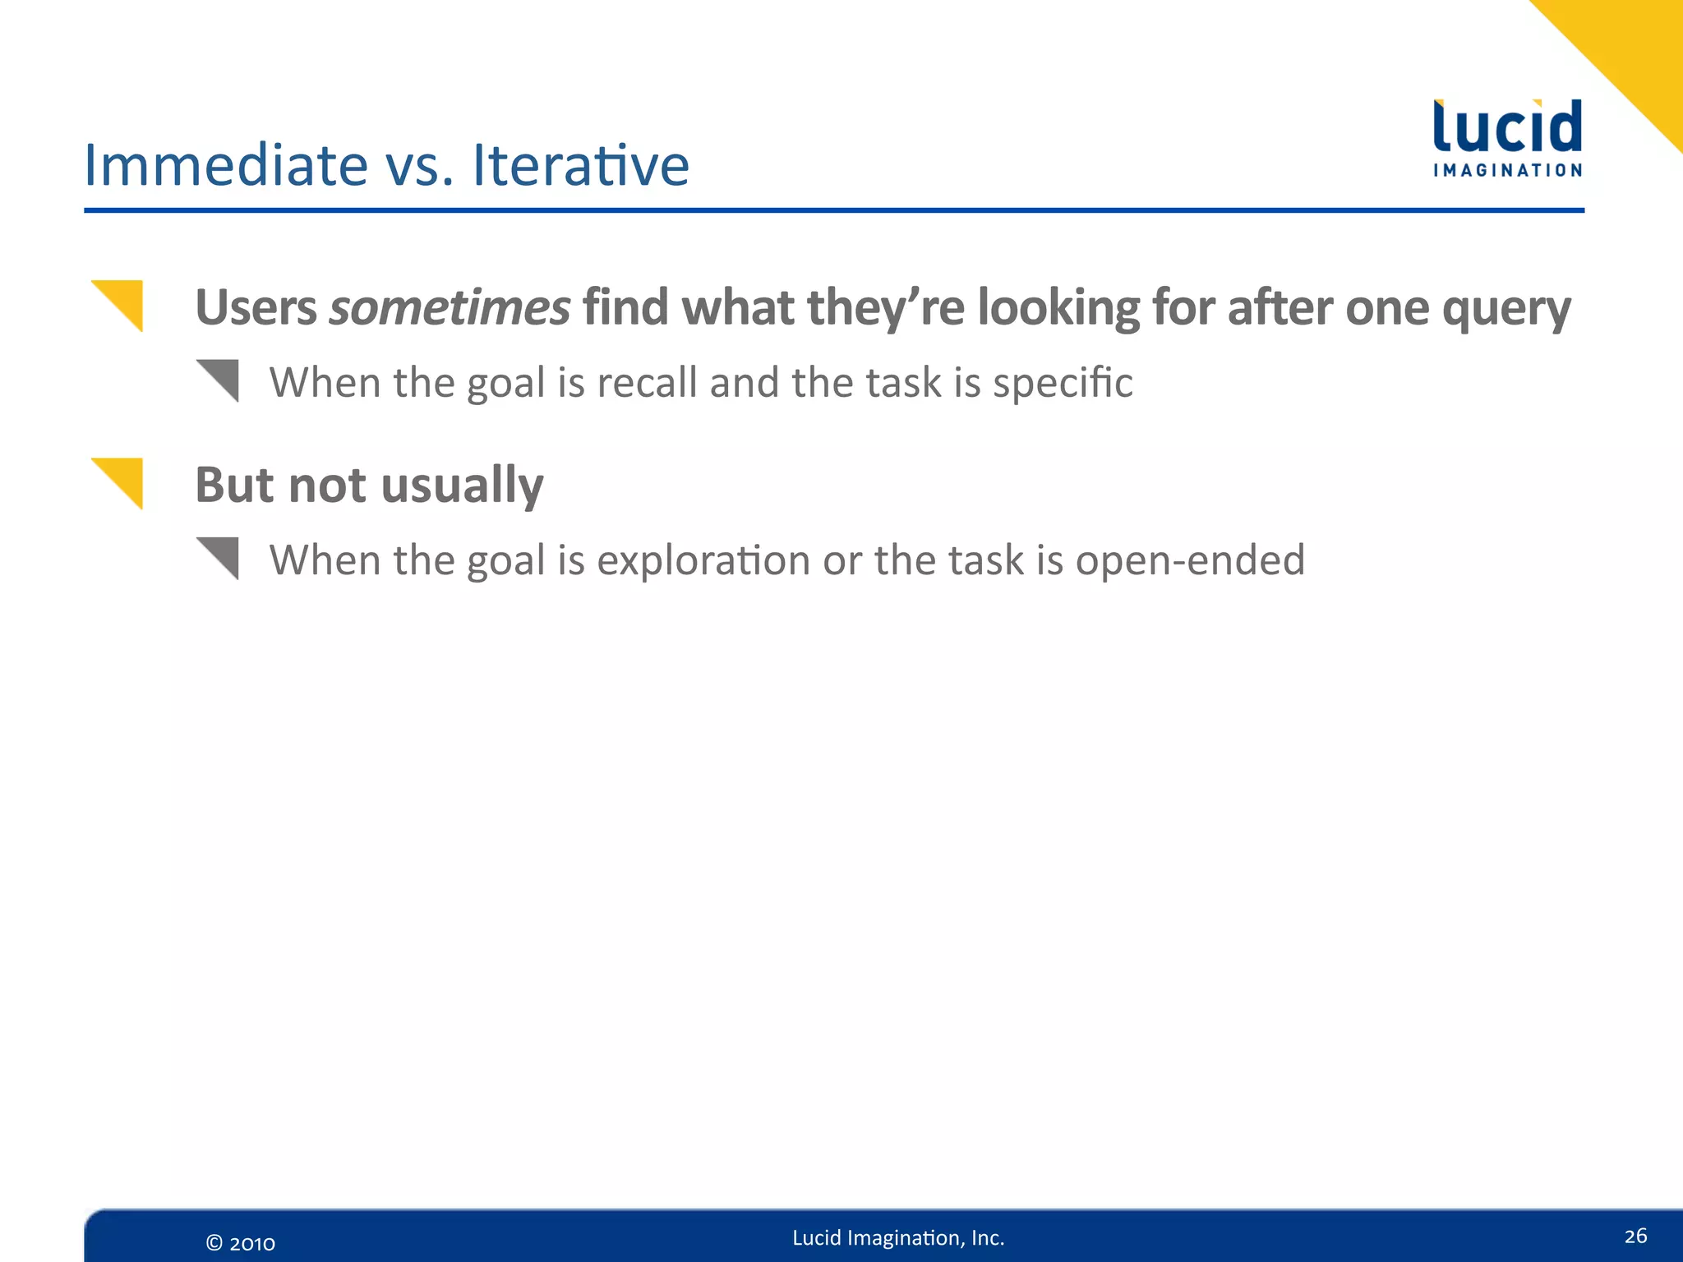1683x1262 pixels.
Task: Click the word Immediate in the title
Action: tap(226, 165)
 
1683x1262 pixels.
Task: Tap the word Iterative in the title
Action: tap(580, 165)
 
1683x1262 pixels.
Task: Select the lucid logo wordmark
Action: tap(1507, 127)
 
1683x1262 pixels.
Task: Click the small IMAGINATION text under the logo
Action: tap(1507, 171)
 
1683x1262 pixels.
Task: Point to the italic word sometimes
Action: tap(449, 308)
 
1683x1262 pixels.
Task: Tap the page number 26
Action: tap(1635, 1236)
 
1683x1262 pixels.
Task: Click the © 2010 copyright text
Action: tap(240, 1243)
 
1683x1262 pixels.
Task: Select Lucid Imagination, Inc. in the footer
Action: tap(898, 1238)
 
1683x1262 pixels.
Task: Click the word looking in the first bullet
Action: tap(1058, 310)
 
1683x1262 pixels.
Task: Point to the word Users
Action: tap(256, 308)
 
